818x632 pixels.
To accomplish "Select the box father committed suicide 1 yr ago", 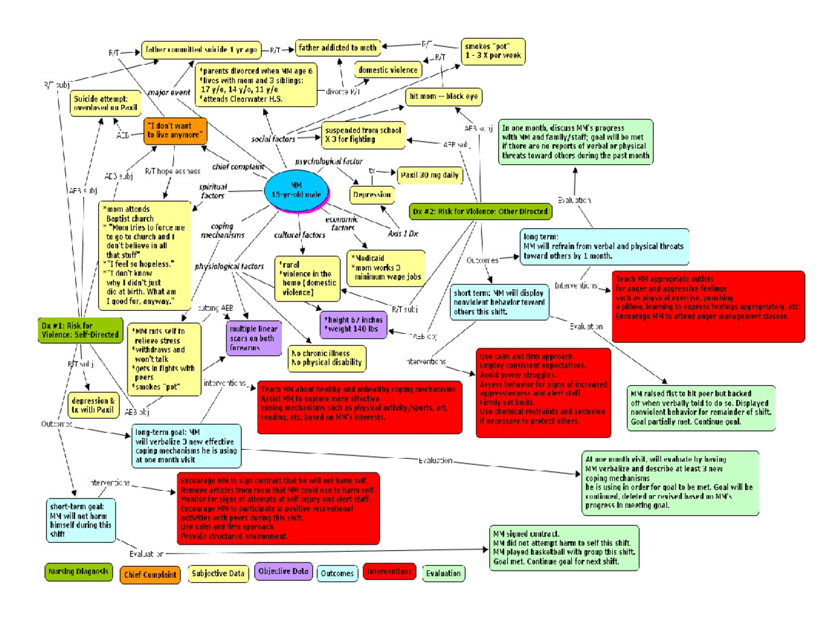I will (201, 49).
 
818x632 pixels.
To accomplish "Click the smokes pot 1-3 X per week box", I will (493, 50).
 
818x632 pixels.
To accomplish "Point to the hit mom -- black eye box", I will (443, 96).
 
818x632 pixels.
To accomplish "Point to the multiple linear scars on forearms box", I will (253, 338).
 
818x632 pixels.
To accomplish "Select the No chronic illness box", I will (325, 358).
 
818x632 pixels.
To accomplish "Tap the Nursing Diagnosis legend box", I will (78, 572).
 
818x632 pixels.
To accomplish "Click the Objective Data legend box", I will (283, 572).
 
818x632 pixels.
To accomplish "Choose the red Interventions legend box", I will (389, 571).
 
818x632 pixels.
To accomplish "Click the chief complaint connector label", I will (238, 166).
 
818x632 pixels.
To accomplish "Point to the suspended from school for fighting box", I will (363, 134).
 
